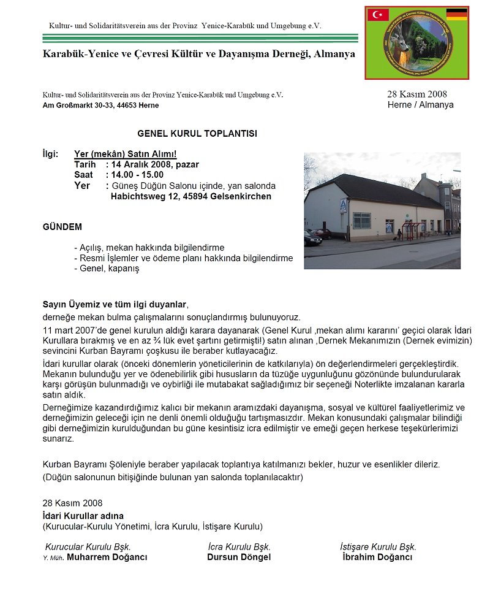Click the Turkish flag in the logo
[x=378, y=15]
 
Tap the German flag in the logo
[x=456, y=14]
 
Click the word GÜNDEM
[x=62, y=227]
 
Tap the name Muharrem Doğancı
[x=107, y=557]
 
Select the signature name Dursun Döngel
[x=239, y=557]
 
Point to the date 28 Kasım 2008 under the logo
[x=417, y=94]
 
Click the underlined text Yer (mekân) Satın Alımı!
[x=125, y=155]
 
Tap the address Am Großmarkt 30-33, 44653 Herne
[x=100, y=105]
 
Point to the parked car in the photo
[x=312, y=239]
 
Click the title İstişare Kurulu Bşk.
[x=378, y=546]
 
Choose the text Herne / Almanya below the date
[x=421, y=105]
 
